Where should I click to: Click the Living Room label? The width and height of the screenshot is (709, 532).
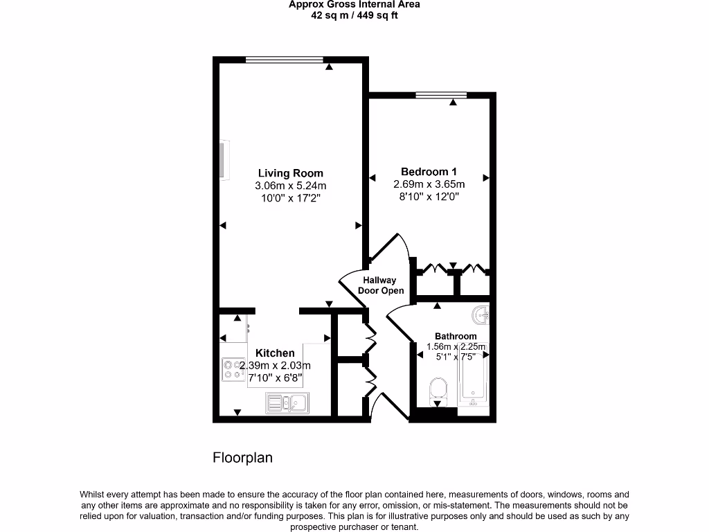tap(290, 173)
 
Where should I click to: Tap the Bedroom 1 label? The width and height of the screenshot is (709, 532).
tap(429, 171)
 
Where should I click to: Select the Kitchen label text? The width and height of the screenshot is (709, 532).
tap(275, 353)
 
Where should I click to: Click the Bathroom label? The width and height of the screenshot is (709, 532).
tap(456, 336)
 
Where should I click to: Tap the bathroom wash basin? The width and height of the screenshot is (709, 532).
tap(481, 316)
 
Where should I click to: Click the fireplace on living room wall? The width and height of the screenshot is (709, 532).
tap(224, 160)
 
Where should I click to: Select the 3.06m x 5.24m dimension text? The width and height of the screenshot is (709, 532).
tap(290, 186)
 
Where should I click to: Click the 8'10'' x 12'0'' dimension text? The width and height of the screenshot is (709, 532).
tap(429, 197)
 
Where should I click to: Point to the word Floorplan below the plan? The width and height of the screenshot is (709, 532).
tap(242, 458)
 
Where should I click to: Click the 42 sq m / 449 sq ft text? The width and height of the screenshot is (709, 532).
tap(354, 15)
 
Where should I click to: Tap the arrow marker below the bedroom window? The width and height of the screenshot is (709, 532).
tap(453, 103)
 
